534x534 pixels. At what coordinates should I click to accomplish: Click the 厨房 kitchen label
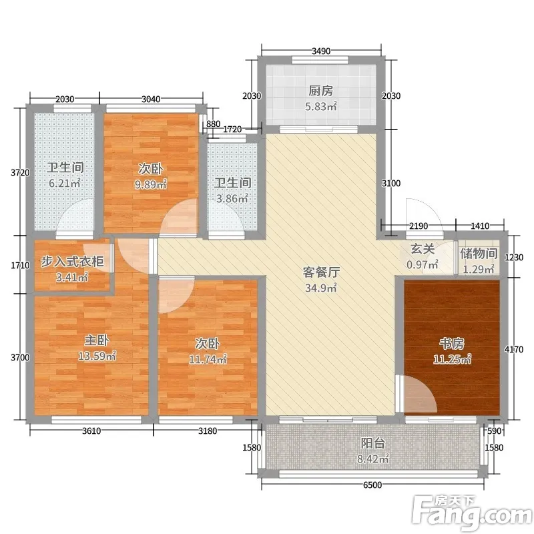320,91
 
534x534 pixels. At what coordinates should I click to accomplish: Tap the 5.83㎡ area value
321,106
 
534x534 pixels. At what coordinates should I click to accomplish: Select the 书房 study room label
452,344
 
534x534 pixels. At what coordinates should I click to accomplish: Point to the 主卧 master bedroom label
97,340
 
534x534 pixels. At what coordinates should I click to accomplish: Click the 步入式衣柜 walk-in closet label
72,262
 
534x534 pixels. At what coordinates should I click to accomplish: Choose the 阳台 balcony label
373,443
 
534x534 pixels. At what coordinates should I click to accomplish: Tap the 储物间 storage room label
479,254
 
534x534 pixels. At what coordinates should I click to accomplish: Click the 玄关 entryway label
423,249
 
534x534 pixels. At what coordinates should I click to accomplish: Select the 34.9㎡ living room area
321,288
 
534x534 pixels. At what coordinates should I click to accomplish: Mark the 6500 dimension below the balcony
372,485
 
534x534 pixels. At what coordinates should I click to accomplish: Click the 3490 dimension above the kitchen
321,51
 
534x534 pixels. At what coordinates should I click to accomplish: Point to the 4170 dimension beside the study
514,349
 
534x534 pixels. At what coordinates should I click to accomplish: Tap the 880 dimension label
213,124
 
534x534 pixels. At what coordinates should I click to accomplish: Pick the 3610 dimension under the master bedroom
91,431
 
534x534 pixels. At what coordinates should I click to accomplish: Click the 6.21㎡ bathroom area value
65,183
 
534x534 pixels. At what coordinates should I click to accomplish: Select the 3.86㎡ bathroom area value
232,198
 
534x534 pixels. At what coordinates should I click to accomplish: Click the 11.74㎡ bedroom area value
208,359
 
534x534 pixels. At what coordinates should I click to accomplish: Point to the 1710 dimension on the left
21,265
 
